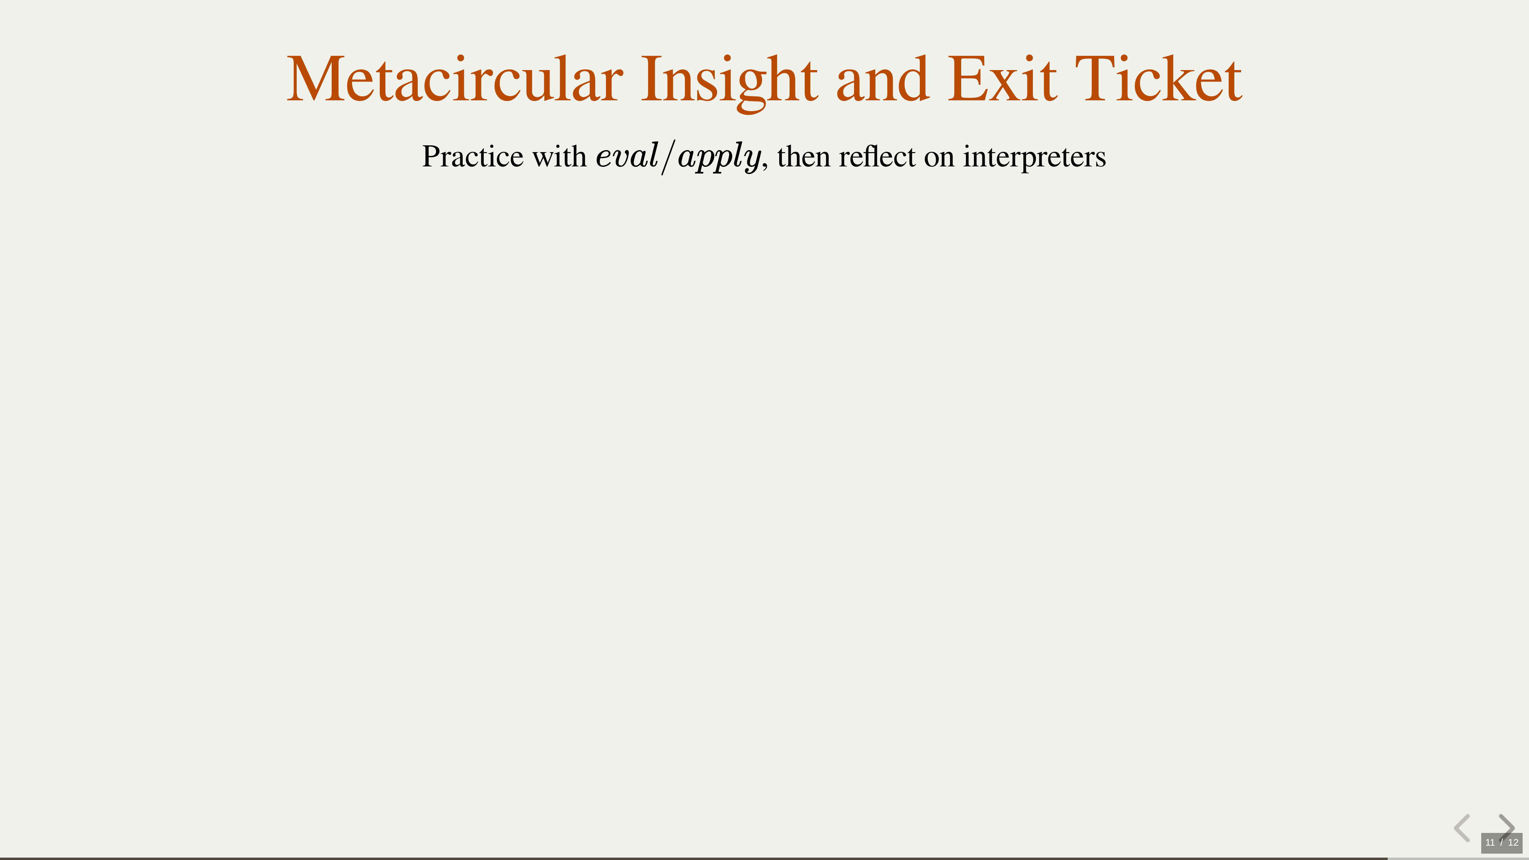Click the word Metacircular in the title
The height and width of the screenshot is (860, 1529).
[x=455, y=79]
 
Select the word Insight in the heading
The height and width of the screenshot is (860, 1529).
[x=729, y=82]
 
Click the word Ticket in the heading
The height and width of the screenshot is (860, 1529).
[x=1159, y=79]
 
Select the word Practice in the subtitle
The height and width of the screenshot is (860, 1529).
[x=473, y=157]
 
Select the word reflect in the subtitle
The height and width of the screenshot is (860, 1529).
[x=877, y=157]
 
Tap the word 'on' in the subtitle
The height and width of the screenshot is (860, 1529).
[x=939, y=160]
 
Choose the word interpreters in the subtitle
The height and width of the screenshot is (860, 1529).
[x=1034, y=158]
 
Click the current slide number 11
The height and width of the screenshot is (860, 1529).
[x=1490, y=842]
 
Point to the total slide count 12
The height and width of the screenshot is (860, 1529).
[x=1513, y=842]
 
